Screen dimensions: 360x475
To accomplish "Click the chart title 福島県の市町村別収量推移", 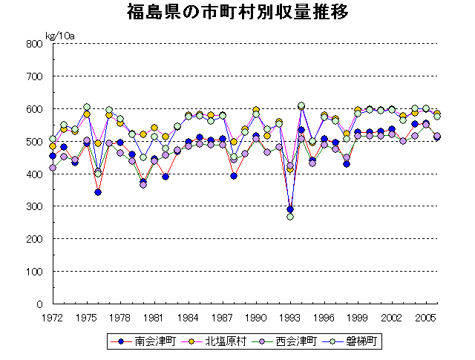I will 237,13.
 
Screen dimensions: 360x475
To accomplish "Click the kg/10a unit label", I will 60,36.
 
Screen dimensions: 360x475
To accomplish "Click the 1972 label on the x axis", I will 52,317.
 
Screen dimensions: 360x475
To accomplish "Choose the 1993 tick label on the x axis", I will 290,317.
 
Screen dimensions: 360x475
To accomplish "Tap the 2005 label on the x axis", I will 426,317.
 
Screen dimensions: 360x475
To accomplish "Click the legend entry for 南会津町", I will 133,342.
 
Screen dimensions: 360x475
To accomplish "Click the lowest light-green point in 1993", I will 290,217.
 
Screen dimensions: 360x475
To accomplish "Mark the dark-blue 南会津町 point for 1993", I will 290,209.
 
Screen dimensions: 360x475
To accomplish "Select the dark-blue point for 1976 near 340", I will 98,192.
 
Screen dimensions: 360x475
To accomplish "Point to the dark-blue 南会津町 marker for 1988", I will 234,176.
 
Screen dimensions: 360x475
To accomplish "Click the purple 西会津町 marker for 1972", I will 53,168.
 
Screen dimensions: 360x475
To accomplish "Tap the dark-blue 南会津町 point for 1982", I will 166,177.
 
